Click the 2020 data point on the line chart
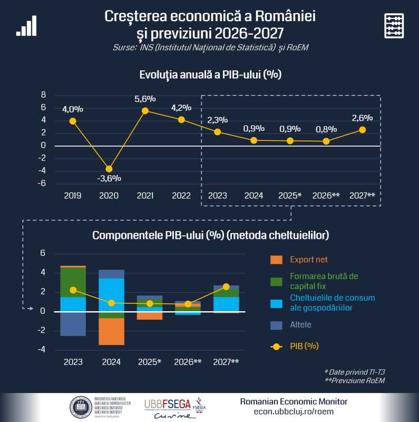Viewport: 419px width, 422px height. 109,169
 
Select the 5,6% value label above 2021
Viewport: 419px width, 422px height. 145,99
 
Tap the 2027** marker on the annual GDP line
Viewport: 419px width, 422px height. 362,130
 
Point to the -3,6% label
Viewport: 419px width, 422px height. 109,178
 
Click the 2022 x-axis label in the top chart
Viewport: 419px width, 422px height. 181,196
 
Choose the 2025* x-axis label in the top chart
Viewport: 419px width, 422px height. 290,196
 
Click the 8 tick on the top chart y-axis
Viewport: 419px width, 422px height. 43,95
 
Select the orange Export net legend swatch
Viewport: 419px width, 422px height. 276,260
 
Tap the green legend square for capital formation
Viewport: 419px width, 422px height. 276,281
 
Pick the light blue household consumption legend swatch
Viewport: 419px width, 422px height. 276,303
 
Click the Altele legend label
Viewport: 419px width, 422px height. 300,324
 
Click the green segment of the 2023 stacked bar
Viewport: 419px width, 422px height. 73,282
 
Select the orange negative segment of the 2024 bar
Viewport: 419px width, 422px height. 112,331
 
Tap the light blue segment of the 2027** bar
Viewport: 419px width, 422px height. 226,304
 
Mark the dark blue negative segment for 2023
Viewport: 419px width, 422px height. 73,323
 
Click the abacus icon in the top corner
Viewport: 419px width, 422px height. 394,25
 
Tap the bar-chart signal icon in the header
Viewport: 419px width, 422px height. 26,25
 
